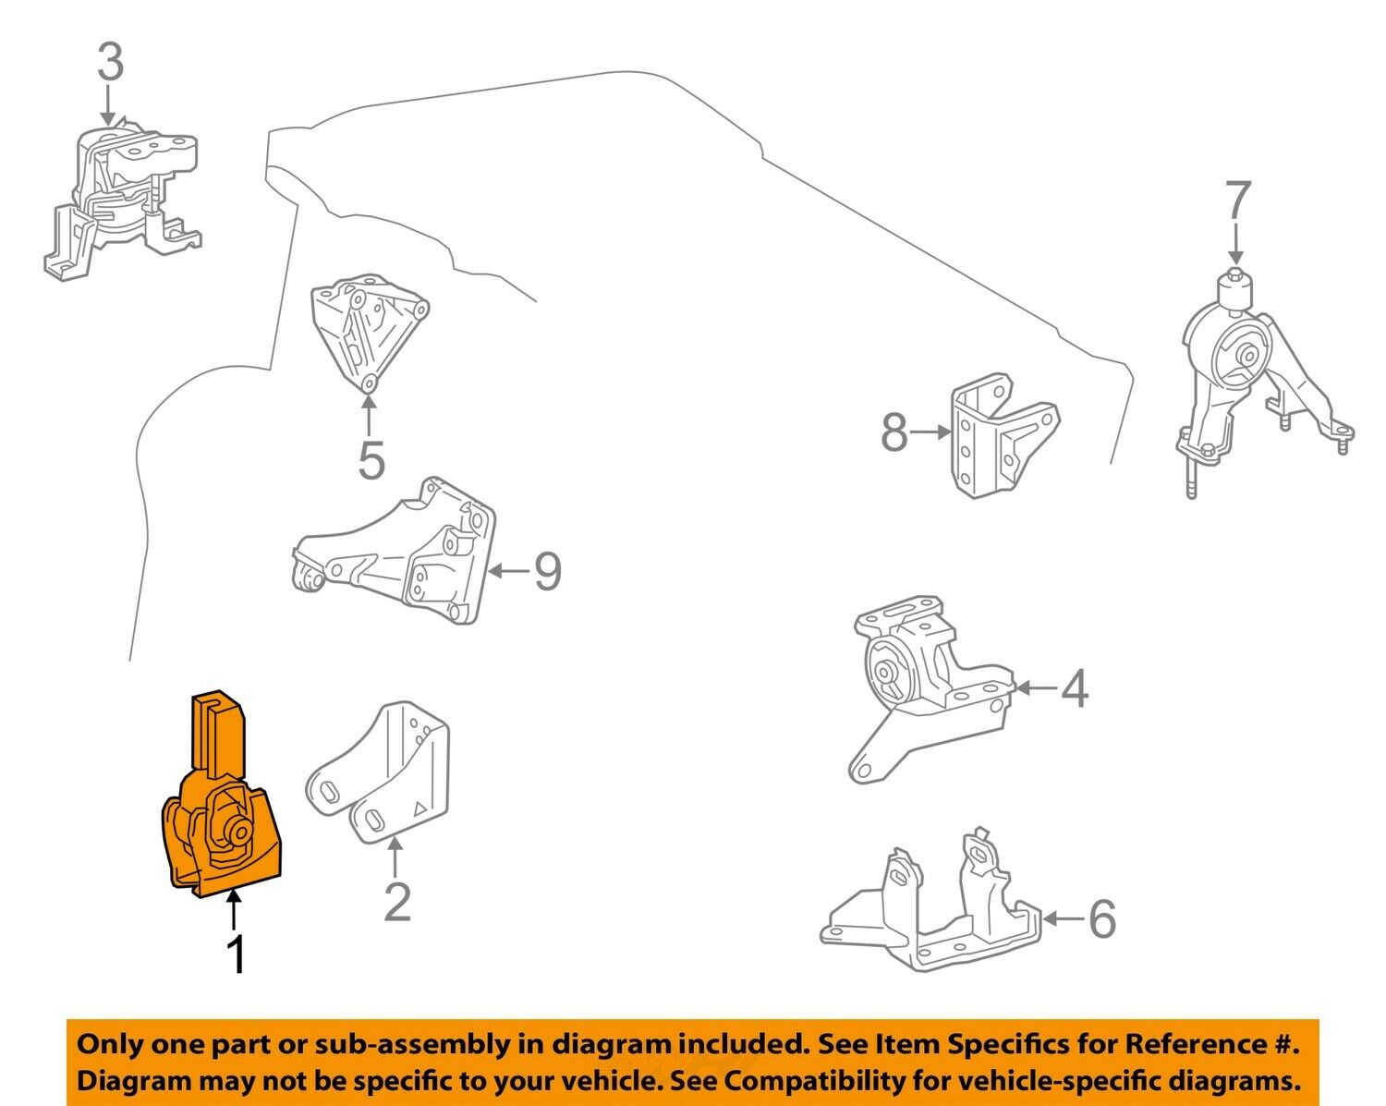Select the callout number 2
(x=396, y=902)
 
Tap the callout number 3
(x=109, y=64)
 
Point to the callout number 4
(x=1075, y=689)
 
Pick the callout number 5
(x=371, y=460)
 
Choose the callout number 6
(x=1101, y=919)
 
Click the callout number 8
(x=894, y=431)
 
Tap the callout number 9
(x=547, y=572)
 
